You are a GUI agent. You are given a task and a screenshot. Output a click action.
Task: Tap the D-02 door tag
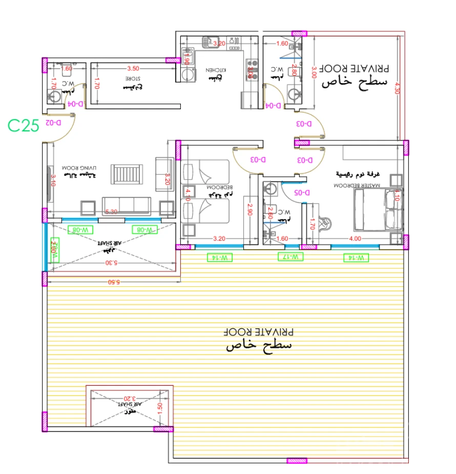53,123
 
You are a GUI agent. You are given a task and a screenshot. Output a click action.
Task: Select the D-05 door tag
302,193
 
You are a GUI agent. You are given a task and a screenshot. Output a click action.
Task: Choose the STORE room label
133,78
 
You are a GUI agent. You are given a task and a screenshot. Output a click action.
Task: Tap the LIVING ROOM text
79,168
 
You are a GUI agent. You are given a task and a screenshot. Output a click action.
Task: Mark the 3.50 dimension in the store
133,68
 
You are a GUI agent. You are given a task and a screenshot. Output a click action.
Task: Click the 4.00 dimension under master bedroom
355,239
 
